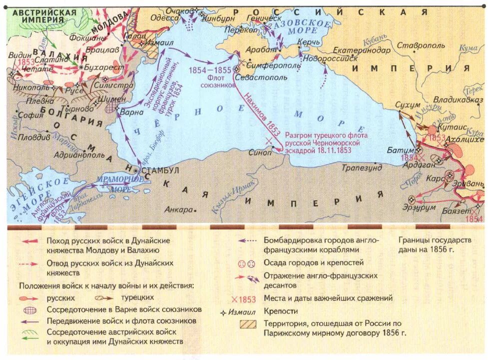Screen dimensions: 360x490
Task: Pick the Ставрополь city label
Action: click(x=421, y=45)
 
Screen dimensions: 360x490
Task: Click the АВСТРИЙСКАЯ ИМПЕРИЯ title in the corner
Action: click(x=43, y=15)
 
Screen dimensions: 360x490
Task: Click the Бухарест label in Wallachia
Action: click(x=100, y=66)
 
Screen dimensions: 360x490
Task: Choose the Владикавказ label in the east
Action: click(x=458, y=99)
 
